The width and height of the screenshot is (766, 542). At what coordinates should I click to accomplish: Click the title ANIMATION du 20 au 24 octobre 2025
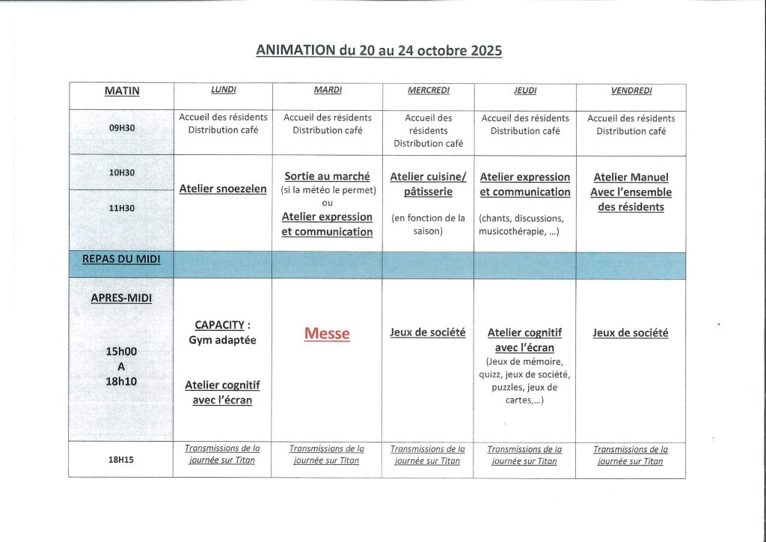click(379, 51)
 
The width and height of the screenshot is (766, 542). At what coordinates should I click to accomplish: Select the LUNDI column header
click(223, 90)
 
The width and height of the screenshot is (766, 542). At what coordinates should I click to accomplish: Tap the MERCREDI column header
click(429, 91)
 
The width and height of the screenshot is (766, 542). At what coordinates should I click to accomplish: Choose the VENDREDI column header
click(631, 91)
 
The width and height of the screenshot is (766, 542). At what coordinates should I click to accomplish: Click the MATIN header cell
click(122, 91)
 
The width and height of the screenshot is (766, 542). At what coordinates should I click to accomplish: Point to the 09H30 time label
click(122, 128)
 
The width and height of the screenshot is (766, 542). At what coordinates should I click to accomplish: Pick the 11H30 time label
click(122, 208)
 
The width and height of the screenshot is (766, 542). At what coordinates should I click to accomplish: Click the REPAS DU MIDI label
click(122, 259)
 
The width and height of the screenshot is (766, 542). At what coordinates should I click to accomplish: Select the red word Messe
click(327, 334)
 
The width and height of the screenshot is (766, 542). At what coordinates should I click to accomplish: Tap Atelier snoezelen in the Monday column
click(223, 189)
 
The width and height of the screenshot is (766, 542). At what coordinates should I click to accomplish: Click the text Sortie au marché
click(327, 177)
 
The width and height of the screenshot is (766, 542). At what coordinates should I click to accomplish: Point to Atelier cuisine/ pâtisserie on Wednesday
click(428, 184)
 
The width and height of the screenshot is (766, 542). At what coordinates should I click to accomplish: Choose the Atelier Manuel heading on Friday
click(631, 177)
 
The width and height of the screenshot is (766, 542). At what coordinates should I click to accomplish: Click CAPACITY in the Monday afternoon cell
click(219, 325)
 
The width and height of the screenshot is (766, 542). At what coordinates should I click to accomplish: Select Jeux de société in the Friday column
click(631, 332)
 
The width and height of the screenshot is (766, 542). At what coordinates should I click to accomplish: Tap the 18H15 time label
click(122, 461)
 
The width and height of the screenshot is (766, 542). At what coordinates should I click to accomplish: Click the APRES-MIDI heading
click(122, 297)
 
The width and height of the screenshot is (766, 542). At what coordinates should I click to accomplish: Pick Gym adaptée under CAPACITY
click(223, 340)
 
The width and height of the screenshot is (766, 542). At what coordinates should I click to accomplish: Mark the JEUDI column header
click(524, 91)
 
